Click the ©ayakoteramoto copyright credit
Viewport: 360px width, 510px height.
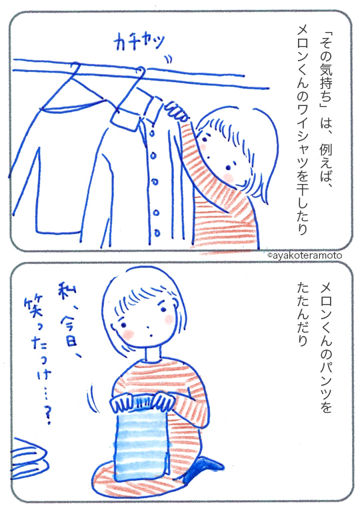pos(305,255)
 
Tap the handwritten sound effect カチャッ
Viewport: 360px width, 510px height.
pos(139,42)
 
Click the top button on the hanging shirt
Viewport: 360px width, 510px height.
pos(152,133)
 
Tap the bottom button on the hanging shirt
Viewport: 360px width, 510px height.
pos(157,233)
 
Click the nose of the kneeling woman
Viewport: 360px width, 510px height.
pos(148,327)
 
